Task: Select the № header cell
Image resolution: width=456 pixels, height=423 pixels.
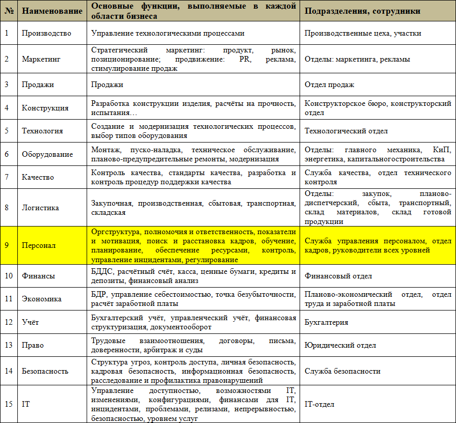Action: pos(9,11)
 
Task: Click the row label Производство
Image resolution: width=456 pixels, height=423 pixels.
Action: pos(46,34)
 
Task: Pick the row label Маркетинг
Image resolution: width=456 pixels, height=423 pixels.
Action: pos(41,59)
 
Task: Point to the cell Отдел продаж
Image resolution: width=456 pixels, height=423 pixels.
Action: pos(329,84)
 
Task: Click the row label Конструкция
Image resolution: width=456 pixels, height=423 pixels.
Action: pos(45,108)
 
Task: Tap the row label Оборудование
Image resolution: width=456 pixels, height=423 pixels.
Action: pos(47,154)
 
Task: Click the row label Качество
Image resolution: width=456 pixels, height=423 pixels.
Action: pos(38,177)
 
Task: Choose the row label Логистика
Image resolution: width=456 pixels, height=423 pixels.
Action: pos(40,208)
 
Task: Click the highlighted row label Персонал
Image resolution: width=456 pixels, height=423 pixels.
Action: pos(39,245)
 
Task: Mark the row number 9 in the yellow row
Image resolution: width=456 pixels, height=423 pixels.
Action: pos(8,245)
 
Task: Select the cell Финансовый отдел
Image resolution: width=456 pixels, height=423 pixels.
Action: pos(338,276)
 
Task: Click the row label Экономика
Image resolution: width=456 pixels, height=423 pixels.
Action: pos(42,299)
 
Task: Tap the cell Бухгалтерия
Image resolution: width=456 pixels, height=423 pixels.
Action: pos(327,322)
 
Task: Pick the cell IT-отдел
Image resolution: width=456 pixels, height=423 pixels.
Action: pos(319,404)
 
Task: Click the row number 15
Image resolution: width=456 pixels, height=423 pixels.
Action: pos(9,404)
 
